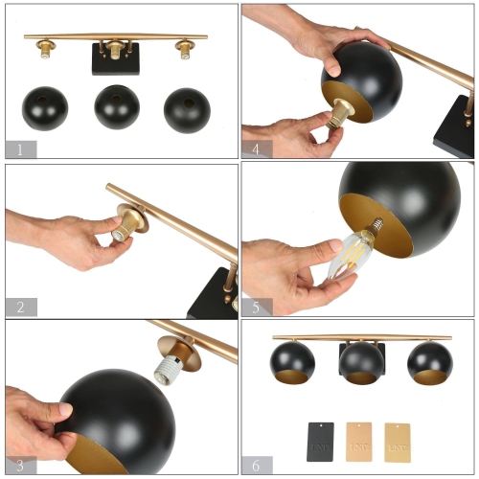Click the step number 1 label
[20, 149]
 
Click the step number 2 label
[20, 307]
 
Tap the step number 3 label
[20, 465]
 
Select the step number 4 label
[257, 149]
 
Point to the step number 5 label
[257, 307]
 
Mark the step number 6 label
[257, 465]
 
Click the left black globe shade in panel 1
[45, 108]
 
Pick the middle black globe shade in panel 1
[117, 107]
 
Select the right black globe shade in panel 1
[187, 108]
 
